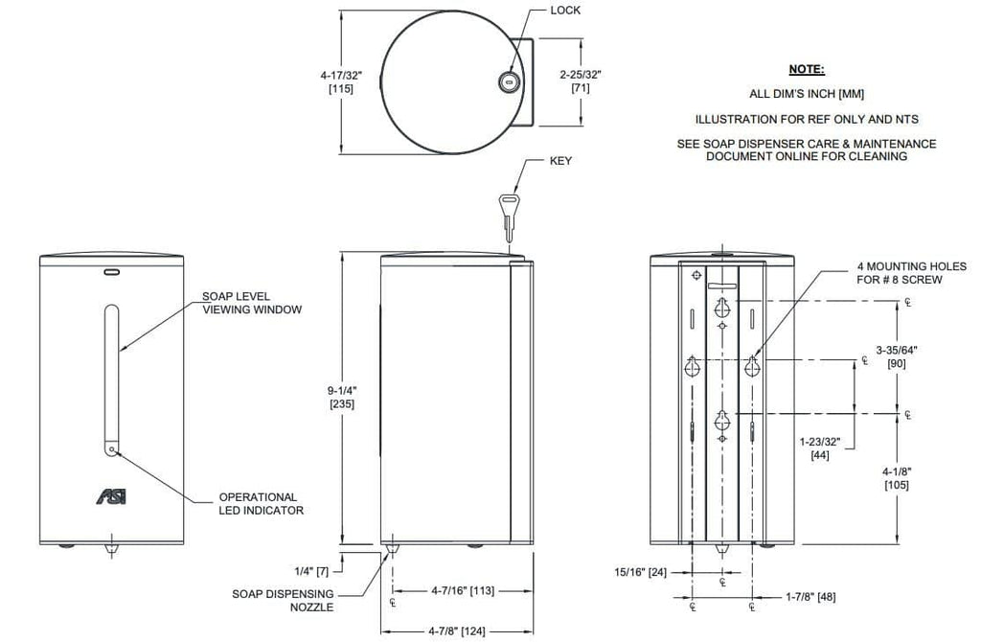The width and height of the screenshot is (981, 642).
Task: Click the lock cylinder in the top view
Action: point(508,82)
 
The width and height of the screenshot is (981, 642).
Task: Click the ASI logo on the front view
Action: point(111,496)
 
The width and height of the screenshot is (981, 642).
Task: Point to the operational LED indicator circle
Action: point(112,449)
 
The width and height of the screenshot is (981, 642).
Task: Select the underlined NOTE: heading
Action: point(807,69)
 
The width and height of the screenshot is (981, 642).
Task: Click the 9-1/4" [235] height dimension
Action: point(342,398)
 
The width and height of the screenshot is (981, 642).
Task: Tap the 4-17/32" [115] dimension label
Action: point(341,82)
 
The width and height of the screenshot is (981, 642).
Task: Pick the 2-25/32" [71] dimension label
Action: point(581,81)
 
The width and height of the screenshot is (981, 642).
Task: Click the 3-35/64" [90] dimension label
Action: point(897,356)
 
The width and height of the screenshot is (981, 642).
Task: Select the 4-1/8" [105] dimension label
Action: point(897,479)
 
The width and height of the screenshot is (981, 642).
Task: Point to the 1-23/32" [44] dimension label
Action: point(820,448)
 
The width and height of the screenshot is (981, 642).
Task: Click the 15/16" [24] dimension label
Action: point(640,571)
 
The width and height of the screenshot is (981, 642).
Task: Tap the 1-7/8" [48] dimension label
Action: point(810,597)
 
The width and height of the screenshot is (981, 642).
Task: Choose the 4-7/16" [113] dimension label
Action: point(463,590)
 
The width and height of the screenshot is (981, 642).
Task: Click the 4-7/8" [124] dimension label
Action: point(457,631)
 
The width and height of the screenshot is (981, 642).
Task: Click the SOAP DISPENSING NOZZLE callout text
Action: point(283,600)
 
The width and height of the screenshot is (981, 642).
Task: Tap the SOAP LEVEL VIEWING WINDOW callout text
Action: point(252,303)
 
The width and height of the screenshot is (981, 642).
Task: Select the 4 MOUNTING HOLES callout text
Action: point(912,273)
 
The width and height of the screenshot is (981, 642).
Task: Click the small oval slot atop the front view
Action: point(112,272)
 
